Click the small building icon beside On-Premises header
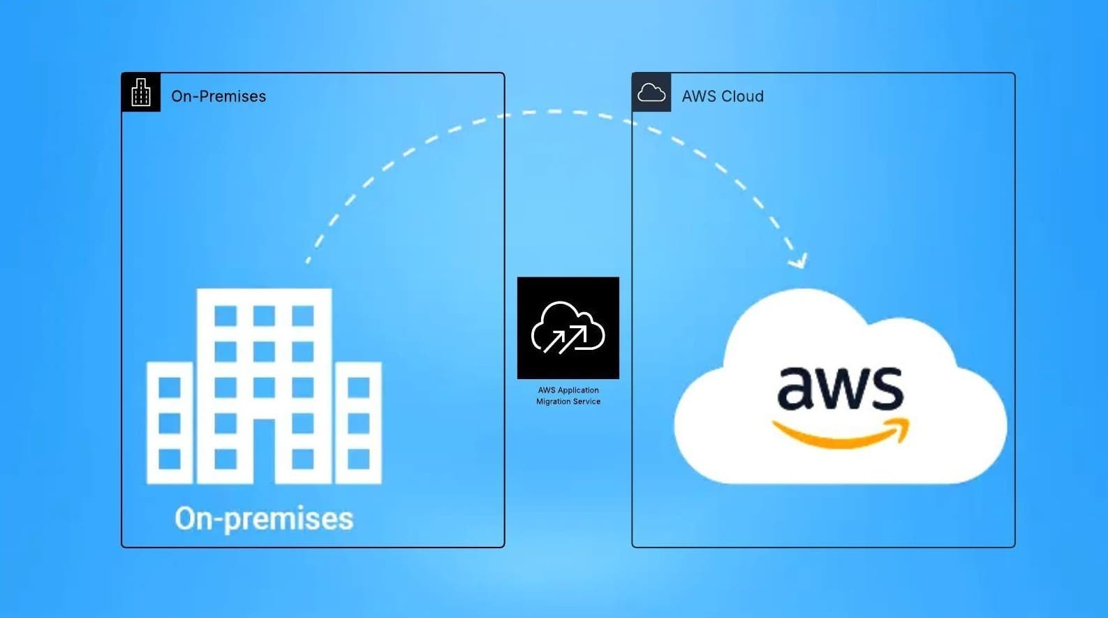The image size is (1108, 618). coord(141,92)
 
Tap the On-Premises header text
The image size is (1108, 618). coord(218,96)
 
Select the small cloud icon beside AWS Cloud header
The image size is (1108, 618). coord(651,92)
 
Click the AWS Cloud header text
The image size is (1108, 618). coord(722,96)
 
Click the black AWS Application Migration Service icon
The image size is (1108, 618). coord(568,328)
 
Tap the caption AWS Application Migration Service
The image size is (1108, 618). coord(568,396)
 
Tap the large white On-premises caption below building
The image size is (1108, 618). coord(264,519)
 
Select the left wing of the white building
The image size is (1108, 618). coord(170,422)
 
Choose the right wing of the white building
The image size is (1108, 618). coord(358,422)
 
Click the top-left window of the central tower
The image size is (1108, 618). coord(226,316)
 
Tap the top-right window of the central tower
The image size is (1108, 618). coord(302,316)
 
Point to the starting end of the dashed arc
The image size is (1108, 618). coord(308,261)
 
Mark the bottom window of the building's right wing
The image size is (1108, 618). coord(358,459)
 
